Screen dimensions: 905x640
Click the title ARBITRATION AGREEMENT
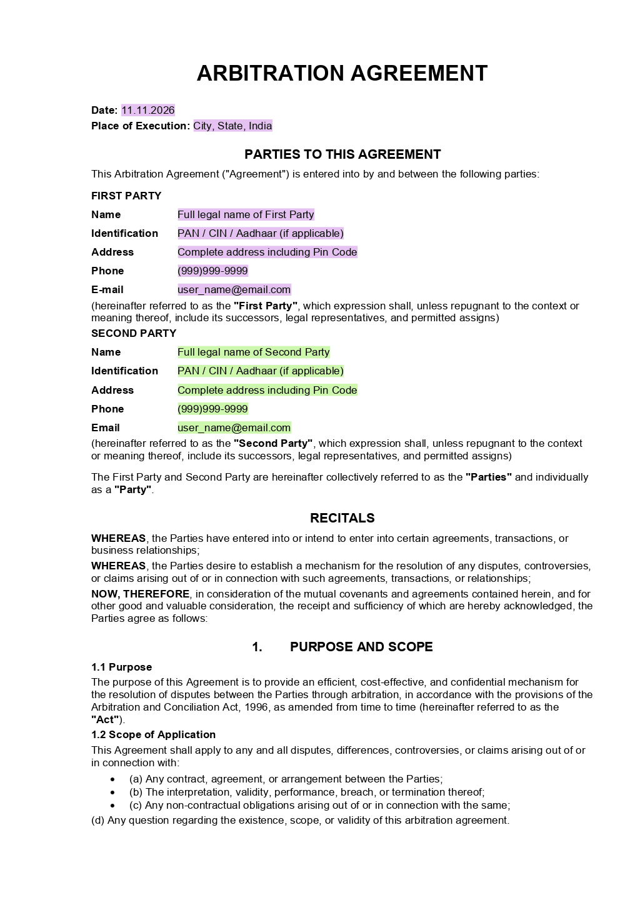[x=342, y=74]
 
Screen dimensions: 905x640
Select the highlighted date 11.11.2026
[x=148, y=111]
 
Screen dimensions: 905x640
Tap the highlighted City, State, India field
[x=232, y=126]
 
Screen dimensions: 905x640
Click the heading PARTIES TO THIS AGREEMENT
[x=342, y=154]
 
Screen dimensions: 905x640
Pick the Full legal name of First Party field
[x=246, y=215]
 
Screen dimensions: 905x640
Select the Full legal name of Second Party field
[x=253, y=352]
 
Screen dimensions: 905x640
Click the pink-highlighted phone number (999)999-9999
[x=212, y=271]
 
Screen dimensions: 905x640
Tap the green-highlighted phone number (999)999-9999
[x=212, y=409]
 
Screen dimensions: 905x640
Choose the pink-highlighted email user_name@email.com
[x=234, y=290]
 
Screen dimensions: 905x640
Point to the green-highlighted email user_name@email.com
[x=234, y=428]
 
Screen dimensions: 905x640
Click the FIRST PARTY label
[x=126, y=196]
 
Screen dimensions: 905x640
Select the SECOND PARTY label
[x=134, y=334]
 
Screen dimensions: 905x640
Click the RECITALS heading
[x=342, y=518]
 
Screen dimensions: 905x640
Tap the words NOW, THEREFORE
[x=141, y=594]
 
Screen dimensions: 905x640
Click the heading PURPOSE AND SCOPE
[x=361, y=647]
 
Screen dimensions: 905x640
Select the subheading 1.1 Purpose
[x=121, y=667]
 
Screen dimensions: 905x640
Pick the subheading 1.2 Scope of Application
[x=153, y=735]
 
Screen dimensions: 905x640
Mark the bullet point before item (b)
[x=112, y=792]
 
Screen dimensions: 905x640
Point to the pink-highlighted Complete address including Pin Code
[x=267, y=252]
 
